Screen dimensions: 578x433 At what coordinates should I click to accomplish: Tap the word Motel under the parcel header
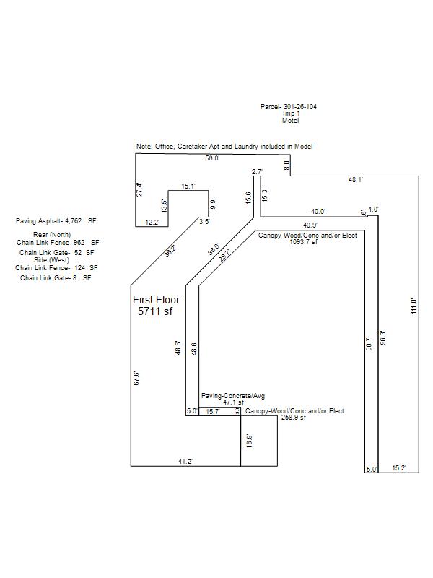coord(290,121)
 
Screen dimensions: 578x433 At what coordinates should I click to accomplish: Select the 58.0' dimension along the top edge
coord(212,158)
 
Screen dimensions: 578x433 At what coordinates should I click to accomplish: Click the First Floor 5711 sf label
coord(156,306)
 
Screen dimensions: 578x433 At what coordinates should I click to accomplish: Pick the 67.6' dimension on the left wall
coord(136,379)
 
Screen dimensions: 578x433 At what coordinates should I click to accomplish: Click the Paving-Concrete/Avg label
coord(233,396)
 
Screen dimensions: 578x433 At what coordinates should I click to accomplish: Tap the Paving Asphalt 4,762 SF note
coord(56,221)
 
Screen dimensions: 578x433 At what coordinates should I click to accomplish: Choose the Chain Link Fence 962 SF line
coord(58,243)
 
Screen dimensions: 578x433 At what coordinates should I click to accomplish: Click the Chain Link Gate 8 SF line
coord(56,277)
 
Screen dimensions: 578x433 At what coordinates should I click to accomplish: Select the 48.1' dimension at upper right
coord(356,179)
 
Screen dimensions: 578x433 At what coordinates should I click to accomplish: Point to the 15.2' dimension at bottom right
coord(399,468)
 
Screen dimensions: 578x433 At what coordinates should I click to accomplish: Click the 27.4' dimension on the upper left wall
coord(140,189)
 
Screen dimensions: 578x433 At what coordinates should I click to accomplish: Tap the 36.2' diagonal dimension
coord(170,251)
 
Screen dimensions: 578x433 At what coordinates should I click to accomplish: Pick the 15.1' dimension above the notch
coord(188,186)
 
